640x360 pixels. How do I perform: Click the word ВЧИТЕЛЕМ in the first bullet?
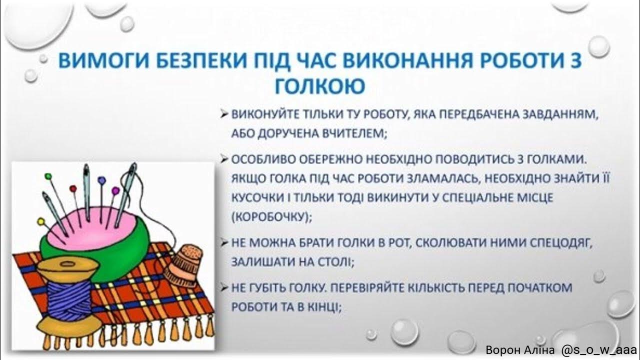tap(352, 133)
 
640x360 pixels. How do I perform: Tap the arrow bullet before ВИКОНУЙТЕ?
tap(224, 114)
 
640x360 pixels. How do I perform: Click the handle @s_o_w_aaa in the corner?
tap(599, 350)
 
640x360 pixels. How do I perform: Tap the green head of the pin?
tap(48, 176)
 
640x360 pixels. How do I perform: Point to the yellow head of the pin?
tap(40, 220)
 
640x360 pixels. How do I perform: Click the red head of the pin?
tap(72, 189)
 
